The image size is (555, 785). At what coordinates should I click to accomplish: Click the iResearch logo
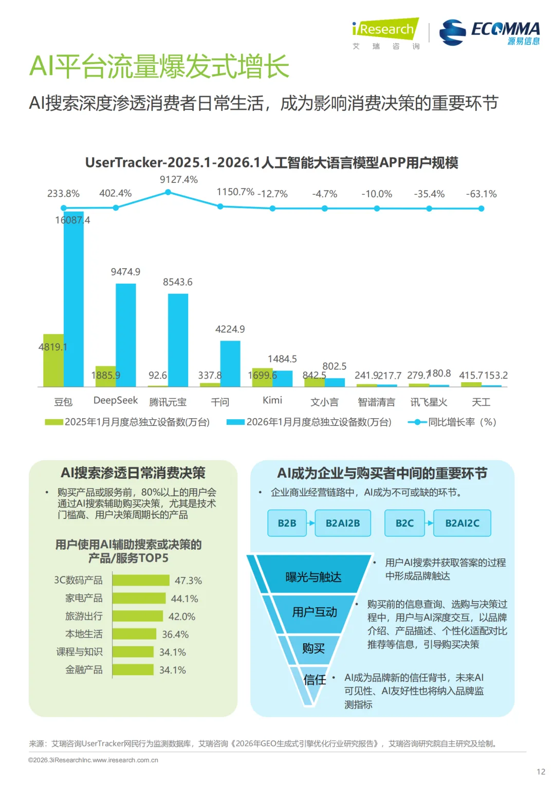(x=385, y=29)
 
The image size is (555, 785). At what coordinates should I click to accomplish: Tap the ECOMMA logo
(x=490, y=32)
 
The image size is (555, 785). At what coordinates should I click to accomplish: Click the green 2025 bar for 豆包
(x=53, y=360)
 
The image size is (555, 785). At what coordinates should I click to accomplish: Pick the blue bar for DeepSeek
(x=126, y=334)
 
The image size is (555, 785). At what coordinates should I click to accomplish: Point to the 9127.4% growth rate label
(x=178, y=179)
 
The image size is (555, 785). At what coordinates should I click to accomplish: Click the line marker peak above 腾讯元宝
(x=168, y=192)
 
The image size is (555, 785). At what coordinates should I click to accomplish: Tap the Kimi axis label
(x=272, y=400)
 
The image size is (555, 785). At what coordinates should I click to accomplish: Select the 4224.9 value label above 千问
(x=230, y=329)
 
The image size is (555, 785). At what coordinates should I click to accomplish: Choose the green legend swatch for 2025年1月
(x=54, y=422)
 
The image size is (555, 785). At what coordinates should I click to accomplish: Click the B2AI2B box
(x=343, y=523)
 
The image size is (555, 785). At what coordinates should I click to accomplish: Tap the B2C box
(x=404, y=523)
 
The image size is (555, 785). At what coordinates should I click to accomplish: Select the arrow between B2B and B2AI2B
(x=311, y=523)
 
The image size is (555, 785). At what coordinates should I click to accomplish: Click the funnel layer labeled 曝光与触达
(x=313, y=576)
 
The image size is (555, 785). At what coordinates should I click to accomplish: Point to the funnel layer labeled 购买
(x=313, y=648)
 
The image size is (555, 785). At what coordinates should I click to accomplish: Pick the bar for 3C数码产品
(x=141, y=581)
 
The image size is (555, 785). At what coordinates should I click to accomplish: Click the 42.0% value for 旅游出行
(x=182, y=616)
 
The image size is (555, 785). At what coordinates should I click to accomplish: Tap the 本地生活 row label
(x=84, y=634)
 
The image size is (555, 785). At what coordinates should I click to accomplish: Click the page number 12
(x=541, y=771)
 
